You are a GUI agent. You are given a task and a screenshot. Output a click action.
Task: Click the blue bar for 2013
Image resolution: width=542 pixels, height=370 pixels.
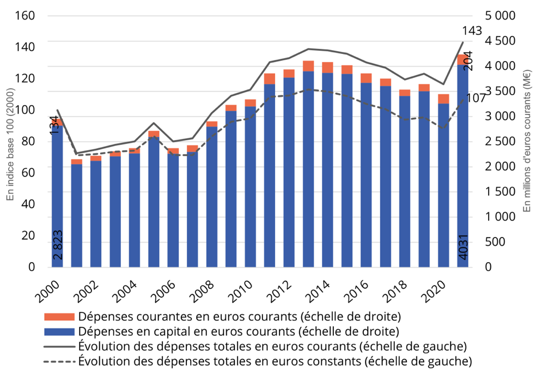click(308, 169)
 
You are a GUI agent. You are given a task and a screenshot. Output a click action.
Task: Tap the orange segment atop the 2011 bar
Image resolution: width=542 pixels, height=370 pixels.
click(270, 78)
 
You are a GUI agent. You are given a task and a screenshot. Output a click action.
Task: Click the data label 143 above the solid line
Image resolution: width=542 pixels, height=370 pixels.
click(472, 31)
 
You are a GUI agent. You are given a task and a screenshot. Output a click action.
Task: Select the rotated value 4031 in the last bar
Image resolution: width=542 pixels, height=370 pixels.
click(463, 247)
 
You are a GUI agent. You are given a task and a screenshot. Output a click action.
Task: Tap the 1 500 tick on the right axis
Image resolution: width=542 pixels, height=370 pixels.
click(500, 192)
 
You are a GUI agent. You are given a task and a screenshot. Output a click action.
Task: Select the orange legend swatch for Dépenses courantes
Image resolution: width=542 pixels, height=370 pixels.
click(59, 317)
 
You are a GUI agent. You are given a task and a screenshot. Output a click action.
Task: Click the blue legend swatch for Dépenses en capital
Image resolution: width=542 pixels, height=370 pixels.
click(59, 331)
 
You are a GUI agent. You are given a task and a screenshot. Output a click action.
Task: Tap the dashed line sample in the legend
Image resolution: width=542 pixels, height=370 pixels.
click(59, 360)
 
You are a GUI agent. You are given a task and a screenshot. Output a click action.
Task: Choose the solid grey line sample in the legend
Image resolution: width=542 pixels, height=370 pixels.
click(59, 345)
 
